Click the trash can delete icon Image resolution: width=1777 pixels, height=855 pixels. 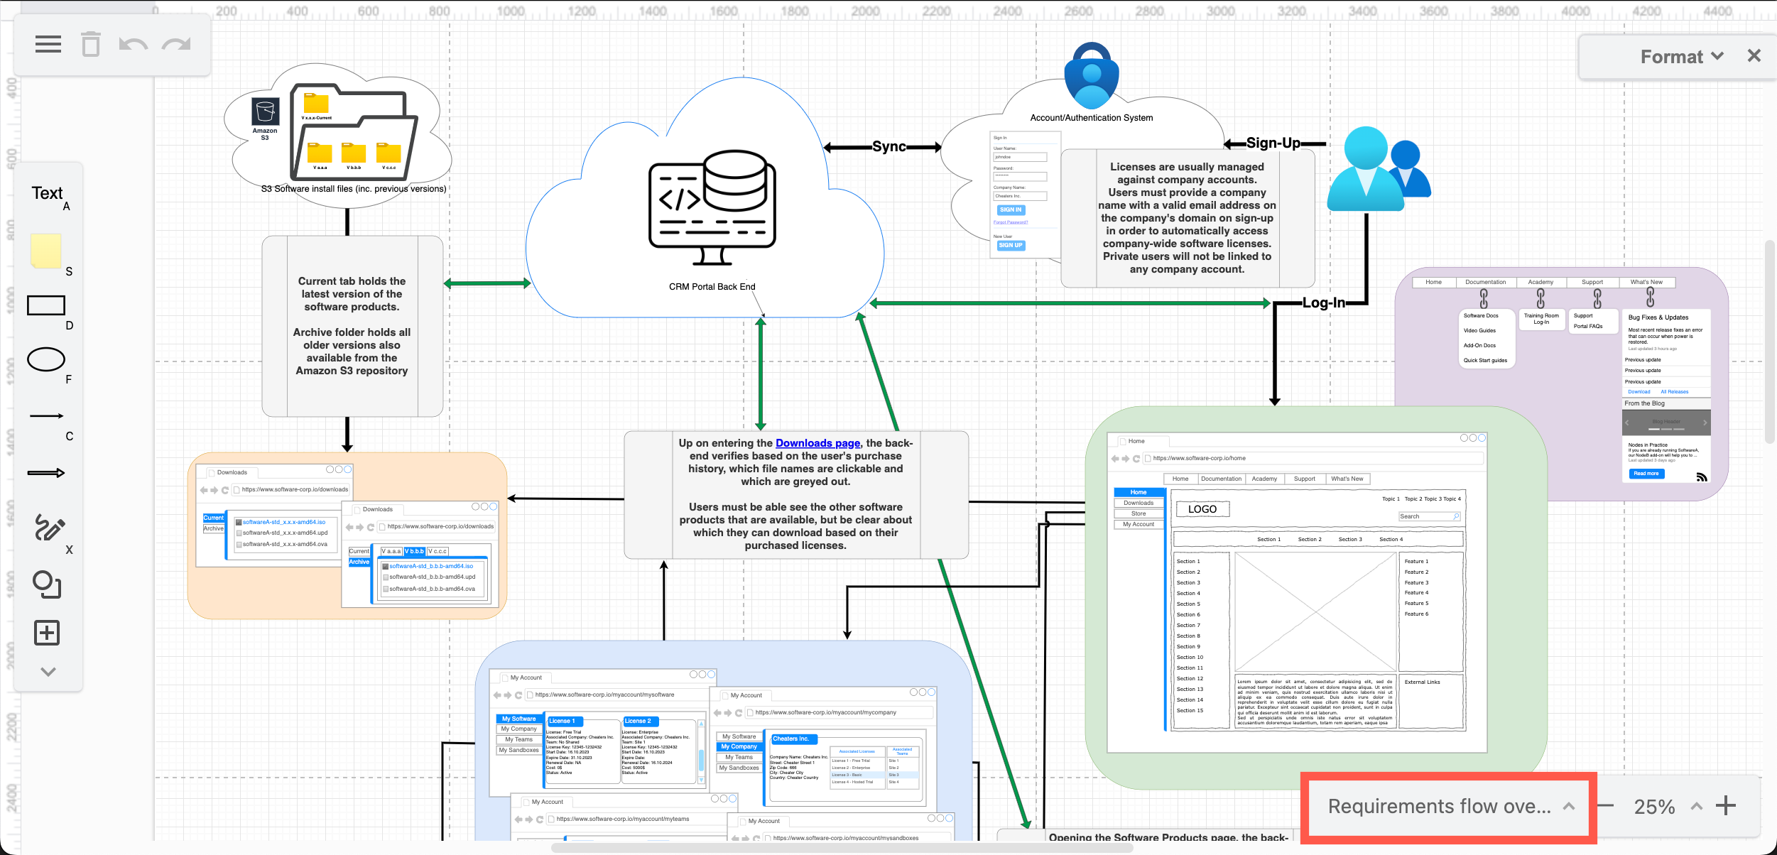coord(90,45)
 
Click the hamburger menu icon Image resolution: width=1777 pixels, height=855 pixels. coord(48,45)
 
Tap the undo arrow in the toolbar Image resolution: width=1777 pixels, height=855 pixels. coord(133,45)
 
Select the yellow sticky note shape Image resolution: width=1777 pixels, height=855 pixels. coord(46,251)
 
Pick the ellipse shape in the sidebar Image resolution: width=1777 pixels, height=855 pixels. coord(46,359)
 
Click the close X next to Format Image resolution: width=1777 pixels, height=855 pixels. coord(1754,56)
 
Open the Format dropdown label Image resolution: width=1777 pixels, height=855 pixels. coord(1681,57)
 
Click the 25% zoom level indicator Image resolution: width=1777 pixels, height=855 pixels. coord(1654,807)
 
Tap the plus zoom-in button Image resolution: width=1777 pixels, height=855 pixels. coord(1725,806)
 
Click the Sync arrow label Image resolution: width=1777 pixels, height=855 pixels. coord(888,147)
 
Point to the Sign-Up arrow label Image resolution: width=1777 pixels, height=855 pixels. coord(1273,143)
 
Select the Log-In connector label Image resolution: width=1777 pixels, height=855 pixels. coord(1323,303)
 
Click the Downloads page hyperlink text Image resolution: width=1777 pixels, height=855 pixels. coord(817,443)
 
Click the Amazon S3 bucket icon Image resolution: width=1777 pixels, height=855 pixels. coord(265,112)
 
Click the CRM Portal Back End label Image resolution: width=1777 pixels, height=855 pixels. coord(712,287)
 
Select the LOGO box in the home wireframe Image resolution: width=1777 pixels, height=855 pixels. coord(1202,509)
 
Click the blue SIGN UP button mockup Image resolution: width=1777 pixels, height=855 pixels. coord(1010,246)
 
